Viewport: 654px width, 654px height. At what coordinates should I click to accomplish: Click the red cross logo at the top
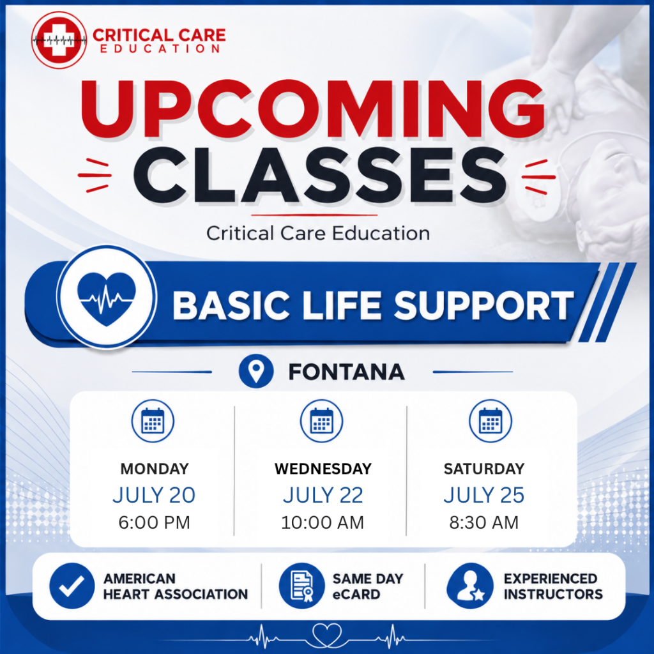point(59,40)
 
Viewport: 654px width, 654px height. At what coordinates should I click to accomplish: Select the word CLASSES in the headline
point(320,176)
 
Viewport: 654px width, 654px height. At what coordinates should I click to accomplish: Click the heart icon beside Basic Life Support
point(107,297)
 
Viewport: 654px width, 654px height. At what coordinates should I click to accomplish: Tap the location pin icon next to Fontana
point(256,371)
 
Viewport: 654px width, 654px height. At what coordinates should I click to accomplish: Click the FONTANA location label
point(347,372)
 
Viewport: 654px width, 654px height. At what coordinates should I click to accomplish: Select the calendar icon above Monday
point(153,421)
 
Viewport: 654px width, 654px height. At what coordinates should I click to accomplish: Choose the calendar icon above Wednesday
point(322,421)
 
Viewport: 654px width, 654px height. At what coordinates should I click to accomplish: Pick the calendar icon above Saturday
point(490,421)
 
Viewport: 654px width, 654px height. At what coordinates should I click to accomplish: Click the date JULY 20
point(154,495)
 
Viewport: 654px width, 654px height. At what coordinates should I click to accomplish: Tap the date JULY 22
point(323,495)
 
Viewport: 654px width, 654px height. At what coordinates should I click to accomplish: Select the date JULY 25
point(484,495)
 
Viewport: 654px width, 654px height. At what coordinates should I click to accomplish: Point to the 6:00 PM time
point(155,522)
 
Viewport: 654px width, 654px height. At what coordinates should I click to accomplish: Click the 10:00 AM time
point(323,522)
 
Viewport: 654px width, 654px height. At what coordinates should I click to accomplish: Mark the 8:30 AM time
point(484,522)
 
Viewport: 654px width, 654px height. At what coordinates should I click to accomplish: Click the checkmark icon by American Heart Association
point(72,586)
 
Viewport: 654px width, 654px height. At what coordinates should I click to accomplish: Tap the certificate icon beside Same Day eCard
point(301,586)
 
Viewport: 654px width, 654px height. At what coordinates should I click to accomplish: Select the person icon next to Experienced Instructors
point(470,586)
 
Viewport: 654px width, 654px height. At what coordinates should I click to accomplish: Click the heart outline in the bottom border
point(328,635)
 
